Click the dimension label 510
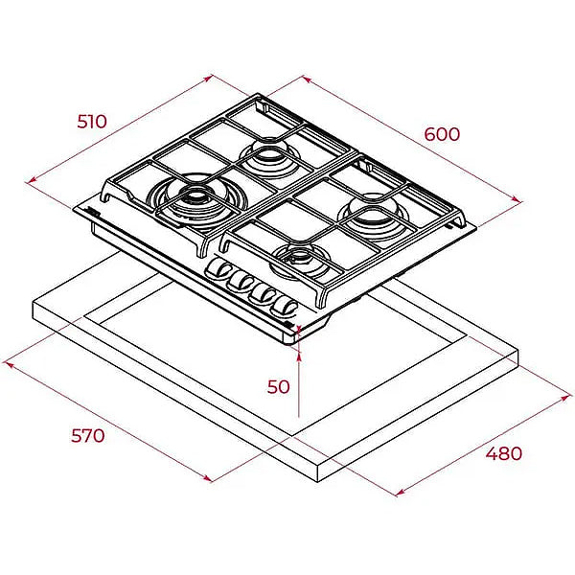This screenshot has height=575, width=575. tap(92, 122)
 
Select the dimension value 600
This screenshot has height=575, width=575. tap(442, 134)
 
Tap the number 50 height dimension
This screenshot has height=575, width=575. tap(278, 386)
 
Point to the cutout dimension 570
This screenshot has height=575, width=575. tap(87, 436)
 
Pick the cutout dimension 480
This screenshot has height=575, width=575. tap(504, 453)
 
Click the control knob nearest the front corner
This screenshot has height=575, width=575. tap(285, 307)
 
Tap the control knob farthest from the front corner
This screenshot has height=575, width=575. tap(218, 270)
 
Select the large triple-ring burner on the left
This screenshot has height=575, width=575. tap(195, 201)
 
